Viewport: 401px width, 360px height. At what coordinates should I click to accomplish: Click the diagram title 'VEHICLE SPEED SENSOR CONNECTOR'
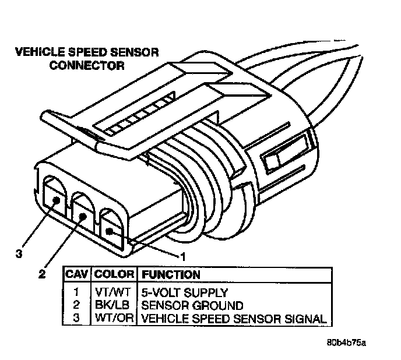tap(86, 59)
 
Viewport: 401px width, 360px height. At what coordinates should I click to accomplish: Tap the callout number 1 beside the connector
tap(182, 255)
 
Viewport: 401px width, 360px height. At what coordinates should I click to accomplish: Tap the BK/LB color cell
tap(114, 306)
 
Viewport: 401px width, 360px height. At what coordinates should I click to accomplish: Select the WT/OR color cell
tap(114, 319)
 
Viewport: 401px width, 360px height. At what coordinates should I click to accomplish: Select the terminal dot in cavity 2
tap(82, 216)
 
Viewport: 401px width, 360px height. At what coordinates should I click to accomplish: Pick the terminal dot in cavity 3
tap(55, 200)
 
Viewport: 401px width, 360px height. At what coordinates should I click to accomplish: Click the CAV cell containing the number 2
tap(77, 306)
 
